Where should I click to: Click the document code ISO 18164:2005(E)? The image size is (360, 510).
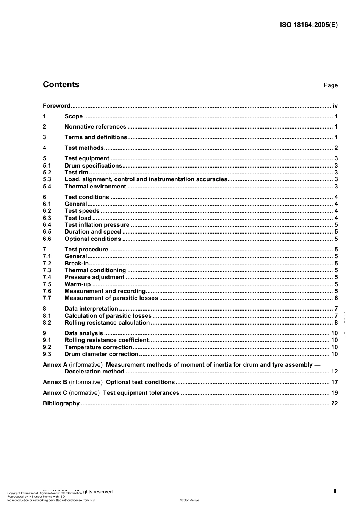308,25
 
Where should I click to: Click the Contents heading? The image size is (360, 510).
61,85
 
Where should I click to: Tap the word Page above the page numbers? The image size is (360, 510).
330,85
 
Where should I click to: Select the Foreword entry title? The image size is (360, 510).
56,106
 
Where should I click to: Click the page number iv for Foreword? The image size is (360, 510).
335,106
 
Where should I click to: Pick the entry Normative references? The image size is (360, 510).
95,127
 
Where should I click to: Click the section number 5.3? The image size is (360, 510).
47,179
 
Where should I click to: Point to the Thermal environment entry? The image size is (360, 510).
95,187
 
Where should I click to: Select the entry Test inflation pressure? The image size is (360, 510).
97,225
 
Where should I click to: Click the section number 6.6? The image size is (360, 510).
47,239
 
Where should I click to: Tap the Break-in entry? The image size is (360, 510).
77,264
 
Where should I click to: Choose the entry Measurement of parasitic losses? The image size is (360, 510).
111,298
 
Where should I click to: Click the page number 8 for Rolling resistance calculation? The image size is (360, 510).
336,323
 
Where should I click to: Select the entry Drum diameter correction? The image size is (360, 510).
101,354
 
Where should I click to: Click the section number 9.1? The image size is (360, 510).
47,340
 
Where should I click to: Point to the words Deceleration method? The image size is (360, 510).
94,372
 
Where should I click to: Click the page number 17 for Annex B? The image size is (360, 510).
334,382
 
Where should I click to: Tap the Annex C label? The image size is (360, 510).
55,393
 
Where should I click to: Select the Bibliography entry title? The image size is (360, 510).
61,403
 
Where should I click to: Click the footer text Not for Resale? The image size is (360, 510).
189,500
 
